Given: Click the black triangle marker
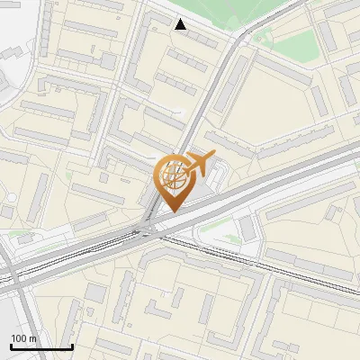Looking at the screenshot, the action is click(181, 24).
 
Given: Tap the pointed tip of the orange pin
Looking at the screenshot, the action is click(172, 211).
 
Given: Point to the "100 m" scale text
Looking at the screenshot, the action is click(24, 337).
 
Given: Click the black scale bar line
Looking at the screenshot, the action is click(41, 346).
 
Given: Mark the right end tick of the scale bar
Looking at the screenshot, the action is click(72, 345).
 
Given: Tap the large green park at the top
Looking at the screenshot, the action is click(234, 13).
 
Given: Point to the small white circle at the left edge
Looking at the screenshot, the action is click(13, 197).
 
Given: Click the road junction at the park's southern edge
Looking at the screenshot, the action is click(241, 38).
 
